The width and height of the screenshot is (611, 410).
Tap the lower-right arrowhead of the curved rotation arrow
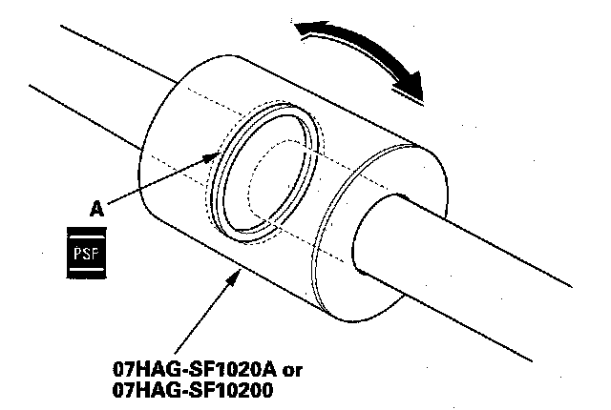click(412, 88)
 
